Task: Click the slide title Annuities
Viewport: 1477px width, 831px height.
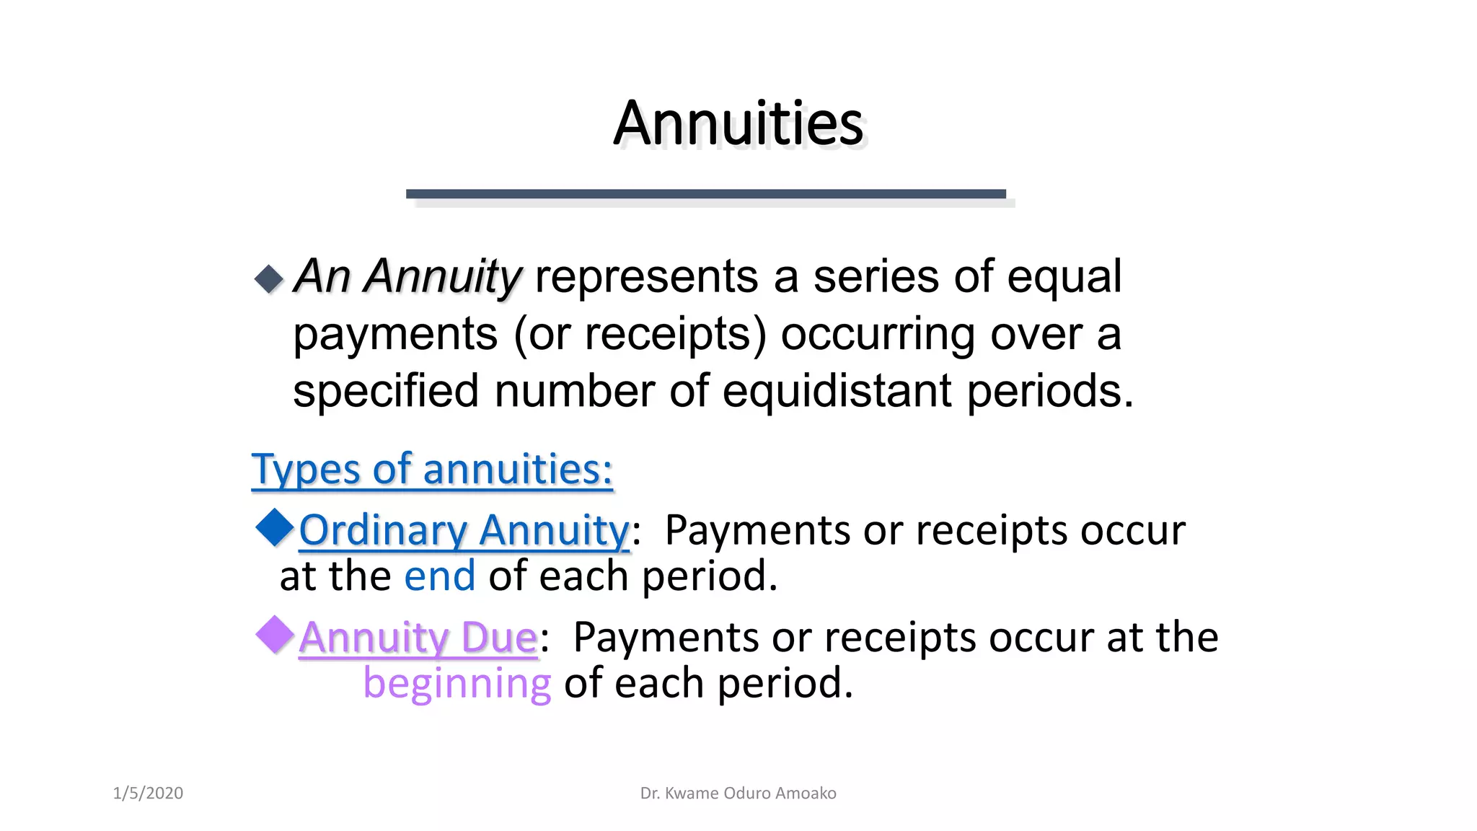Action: (x=738, y=123)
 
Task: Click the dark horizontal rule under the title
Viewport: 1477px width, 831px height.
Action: (x=705, y=193)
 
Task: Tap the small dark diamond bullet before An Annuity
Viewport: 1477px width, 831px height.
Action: (x=269, y=279)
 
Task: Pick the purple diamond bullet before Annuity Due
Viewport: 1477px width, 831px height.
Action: (x=275, y=634)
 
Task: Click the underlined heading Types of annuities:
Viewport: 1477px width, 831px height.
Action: (x=432, y=470)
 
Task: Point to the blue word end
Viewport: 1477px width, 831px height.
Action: (x=439, y=576)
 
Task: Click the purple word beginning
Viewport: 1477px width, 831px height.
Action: (x=457, y=683)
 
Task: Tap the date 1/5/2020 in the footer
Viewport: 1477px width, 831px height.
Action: (x=148, y=793)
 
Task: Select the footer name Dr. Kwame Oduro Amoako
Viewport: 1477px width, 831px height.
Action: (x=738, y=793)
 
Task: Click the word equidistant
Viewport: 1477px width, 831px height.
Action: (x=837, y=391)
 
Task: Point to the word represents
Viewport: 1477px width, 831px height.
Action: (x=646, y=276)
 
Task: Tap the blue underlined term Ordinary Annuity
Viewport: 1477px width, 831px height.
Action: (x=464, y=530)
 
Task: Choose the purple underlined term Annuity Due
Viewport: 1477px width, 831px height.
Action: (x=418, y=638)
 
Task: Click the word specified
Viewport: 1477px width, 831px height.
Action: (x=386, y=391)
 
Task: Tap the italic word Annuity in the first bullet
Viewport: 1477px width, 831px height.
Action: (x=442, y=276)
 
